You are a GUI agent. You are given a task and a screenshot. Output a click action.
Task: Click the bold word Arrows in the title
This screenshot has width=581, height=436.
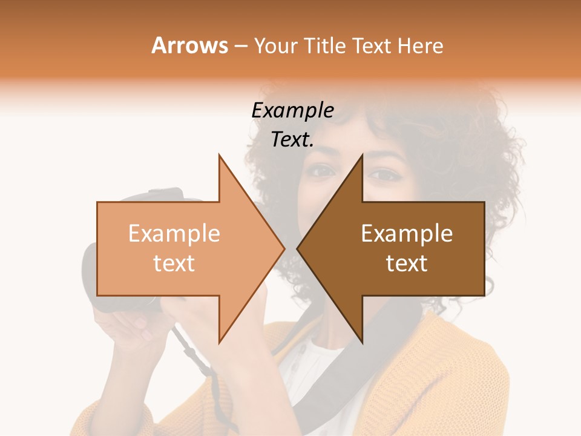(190, 45)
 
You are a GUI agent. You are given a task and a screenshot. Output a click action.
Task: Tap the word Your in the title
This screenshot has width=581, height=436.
(275, 46)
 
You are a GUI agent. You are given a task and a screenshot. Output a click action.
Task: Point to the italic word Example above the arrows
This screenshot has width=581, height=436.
(292, 111)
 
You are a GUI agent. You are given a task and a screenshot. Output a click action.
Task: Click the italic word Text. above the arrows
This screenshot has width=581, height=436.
(292, 140)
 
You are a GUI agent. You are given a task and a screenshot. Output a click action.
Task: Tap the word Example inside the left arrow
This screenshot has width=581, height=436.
(174, 234)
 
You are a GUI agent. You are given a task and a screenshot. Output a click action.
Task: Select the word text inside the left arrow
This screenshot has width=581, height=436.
(174, 263)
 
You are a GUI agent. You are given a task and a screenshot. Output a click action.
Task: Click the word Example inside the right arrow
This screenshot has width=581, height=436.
(407, 234)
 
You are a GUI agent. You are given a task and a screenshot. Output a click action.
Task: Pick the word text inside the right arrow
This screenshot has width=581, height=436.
(407, 263)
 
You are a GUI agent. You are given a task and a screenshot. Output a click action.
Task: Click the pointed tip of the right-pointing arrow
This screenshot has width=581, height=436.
(284, 248)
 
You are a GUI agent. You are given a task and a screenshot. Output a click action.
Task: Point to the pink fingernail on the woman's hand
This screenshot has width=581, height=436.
(145, 334)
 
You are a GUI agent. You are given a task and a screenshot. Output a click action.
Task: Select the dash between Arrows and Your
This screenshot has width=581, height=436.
(240, 47)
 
